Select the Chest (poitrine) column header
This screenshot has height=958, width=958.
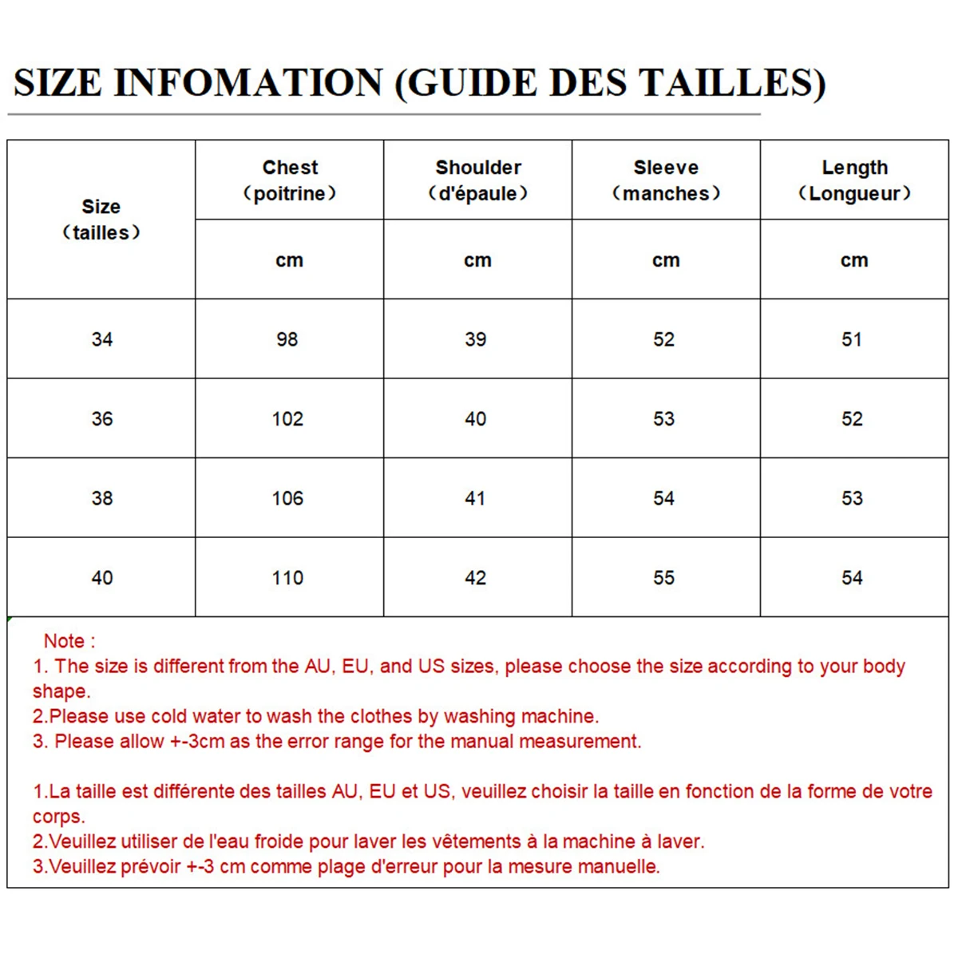pos(290,180)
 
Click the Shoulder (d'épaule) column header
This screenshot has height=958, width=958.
pos(478,180)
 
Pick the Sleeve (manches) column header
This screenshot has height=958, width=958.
pos(666,180)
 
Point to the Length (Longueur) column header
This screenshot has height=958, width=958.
pos(854,180)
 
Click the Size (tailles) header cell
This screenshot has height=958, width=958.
pos(101,220)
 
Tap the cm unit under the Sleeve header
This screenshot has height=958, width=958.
pos(666,260)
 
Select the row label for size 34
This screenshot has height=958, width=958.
pos(102,339)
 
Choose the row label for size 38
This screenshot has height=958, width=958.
pos(102,498)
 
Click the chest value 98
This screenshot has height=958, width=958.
pos(287,339)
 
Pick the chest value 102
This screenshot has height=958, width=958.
pos(287,419)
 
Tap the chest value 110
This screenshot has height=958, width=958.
pos(287,578)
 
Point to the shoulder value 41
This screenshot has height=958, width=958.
pos(475,498)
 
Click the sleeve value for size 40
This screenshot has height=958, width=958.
pos(663,578)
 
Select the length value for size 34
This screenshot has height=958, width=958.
pos(852,339)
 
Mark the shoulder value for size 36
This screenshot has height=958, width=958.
pos(475,419)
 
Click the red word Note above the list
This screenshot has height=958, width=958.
pos(64,641)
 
